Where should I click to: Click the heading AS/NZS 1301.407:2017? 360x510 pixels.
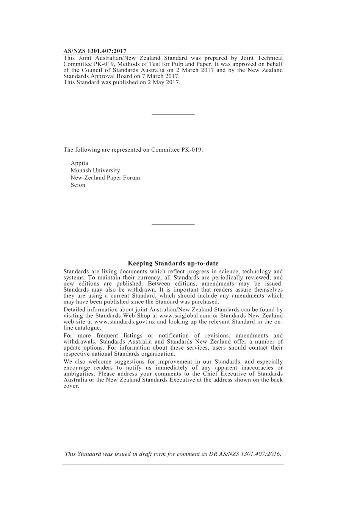click(95, 51)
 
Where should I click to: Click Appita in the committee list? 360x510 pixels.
click(79, 163)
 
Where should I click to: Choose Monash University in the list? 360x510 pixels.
click(95, 171)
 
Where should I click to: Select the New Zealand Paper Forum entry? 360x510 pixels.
click(105, 178)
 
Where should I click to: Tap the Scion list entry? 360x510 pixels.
click(78, 185)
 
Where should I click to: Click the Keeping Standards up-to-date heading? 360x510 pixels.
click(173, 264)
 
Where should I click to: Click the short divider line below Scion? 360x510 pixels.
click(173, 225)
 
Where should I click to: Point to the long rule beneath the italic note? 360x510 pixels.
click(173, 464)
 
